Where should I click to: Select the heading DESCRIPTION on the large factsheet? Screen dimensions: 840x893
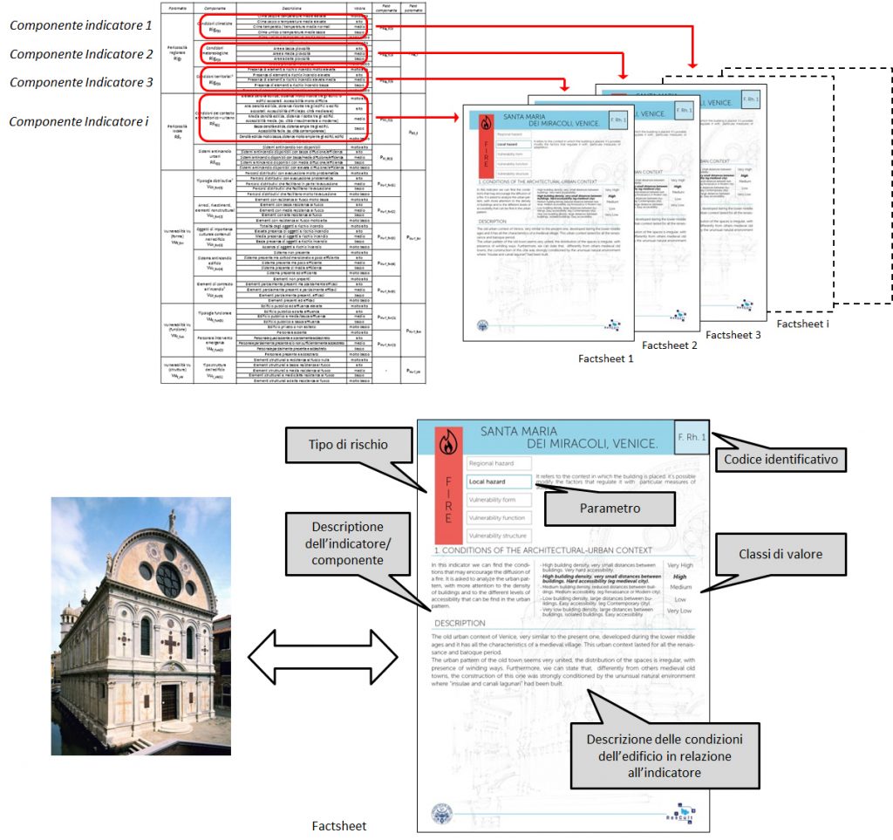(x=460, y=623)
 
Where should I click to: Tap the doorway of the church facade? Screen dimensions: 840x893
(x=169, y=702)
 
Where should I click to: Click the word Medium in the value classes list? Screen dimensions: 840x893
(x=681, y=587)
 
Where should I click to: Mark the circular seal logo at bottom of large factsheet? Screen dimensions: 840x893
(x=444, y=815)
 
